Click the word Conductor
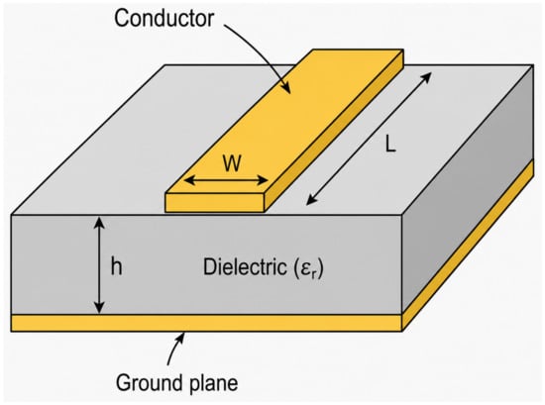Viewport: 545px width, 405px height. (x=163, y=19)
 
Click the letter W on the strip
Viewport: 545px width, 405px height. (x=232, y=163)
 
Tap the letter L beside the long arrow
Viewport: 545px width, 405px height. (x=390, y=144)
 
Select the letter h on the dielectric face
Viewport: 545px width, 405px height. (x=117, y=266)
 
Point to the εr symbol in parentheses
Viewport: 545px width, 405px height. (x=307, y=268)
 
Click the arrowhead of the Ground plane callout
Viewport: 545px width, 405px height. (x=180, y=337)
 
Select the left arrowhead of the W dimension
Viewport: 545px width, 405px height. (x=188, y=180)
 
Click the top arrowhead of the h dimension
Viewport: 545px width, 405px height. (x=100, y=222)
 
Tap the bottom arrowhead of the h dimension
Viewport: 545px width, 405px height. (x=100, y=308)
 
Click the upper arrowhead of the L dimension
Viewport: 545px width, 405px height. (x=427, y=77)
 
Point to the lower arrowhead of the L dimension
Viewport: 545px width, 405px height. (x=311, y=200)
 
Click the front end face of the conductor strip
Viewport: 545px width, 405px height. (x=215, y=202)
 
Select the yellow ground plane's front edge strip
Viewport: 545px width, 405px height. (x=207, y=323)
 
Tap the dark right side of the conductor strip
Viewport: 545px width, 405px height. (x=334, y=132)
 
